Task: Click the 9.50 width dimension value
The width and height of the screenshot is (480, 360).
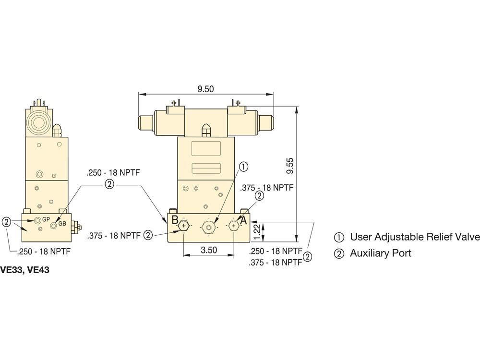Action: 205,89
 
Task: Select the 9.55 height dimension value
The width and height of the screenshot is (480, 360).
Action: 289,166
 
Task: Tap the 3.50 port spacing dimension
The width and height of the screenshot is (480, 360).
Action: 209,250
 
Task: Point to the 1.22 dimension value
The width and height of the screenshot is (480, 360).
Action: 257,232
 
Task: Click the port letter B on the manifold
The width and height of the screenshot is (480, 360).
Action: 175,220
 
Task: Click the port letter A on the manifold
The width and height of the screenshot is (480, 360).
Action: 243,220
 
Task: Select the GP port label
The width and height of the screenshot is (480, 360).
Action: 46,219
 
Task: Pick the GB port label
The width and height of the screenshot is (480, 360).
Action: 62,224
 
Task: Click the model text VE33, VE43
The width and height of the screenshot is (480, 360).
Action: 24,270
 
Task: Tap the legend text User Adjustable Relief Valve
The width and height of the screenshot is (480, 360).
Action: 415,237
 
